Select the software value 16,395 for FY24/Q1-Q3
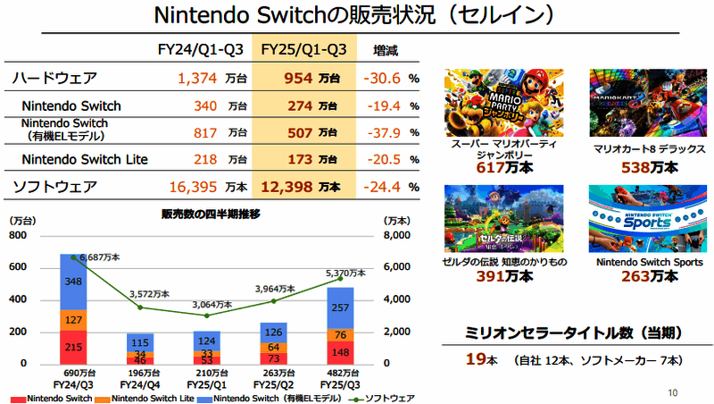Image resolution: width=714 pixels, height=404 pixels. pos(195,188)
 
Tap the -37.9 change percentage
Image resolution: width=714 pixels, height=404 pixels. pos(384,132)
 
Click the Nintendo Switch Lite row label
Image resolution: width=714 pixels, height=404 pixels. pos(85,160)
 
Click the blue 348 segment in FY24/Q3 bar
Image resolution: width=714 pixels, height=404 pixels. pos(73,282)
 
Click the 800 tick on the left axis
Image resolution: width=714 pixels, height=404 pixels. pos(17,236)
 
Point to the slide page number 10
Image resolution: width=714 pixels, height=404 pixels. pos(672,391)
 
